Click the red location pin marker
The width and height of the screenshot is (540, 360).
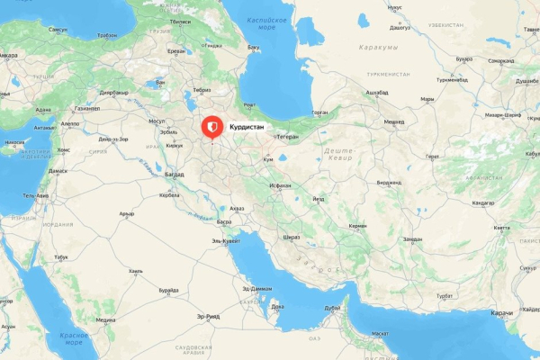(212, 129)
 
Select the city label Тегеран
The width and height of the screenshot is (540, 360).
(287, 137)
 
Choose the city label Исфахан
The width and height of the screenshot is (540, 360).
(280, 185)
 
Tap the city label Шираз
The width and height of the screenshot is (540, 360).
(292, 237)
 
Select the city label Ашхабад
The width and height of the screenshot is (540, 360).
(377, 93)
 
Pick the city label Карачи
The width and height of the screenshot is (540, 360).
(502, 312)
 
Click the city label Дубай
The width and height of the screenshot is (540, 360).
(333, 308)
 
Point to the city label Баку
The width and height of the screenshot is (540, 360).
(254, 46)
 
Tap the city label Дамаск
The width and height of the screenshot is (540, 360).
(58, 170)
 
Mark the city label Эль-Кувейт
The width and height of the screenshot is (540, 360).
(225, 241)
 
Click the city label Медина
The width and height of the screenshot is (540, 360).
(105, 319)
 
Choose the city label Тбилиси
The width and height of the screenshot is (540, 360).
(179, 21)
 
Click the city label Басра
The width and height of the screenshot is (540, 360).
(225, 221)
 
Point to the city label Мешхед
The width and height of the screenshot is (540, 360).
(393, 121)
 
